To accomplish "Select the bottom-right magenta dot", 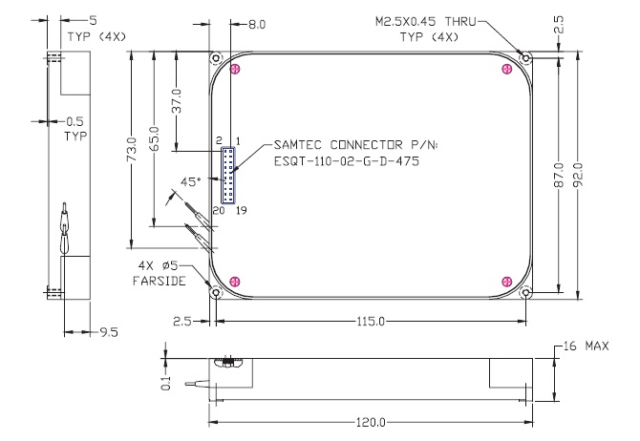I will coord(506,280).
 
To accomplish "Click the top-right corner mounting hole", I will coord(524,57).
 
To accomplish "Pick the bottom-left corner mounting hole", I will coord(216,292).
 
